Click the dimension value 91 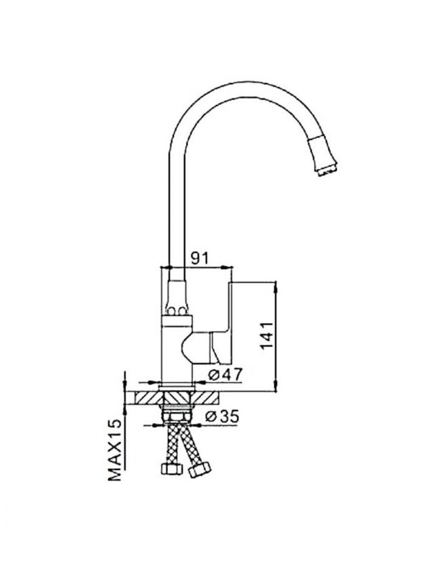pos(200,258)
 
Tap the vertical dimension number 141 pos(268,335)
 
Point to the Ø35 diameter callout pos(222,416)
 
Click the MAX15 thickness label pos(116,450)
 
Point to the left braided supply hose pos(172,444)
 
